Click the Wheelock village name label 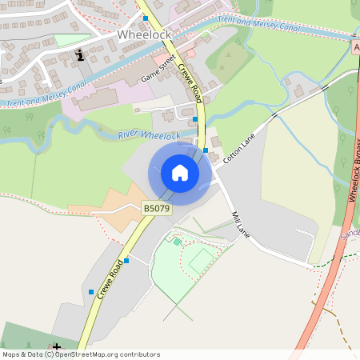point(144,35)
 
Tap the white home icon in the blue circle point(180,173)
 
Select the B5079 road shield point(157,208)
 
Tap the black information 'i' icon point(80,54)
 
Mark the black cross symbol point(56,346)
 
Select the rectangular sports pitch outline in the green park point(201,259)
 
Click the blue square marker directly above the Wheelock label point(145,18)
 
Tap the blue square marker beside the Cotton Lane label point(206,150)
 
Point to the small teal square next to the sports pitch point(177,241)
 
